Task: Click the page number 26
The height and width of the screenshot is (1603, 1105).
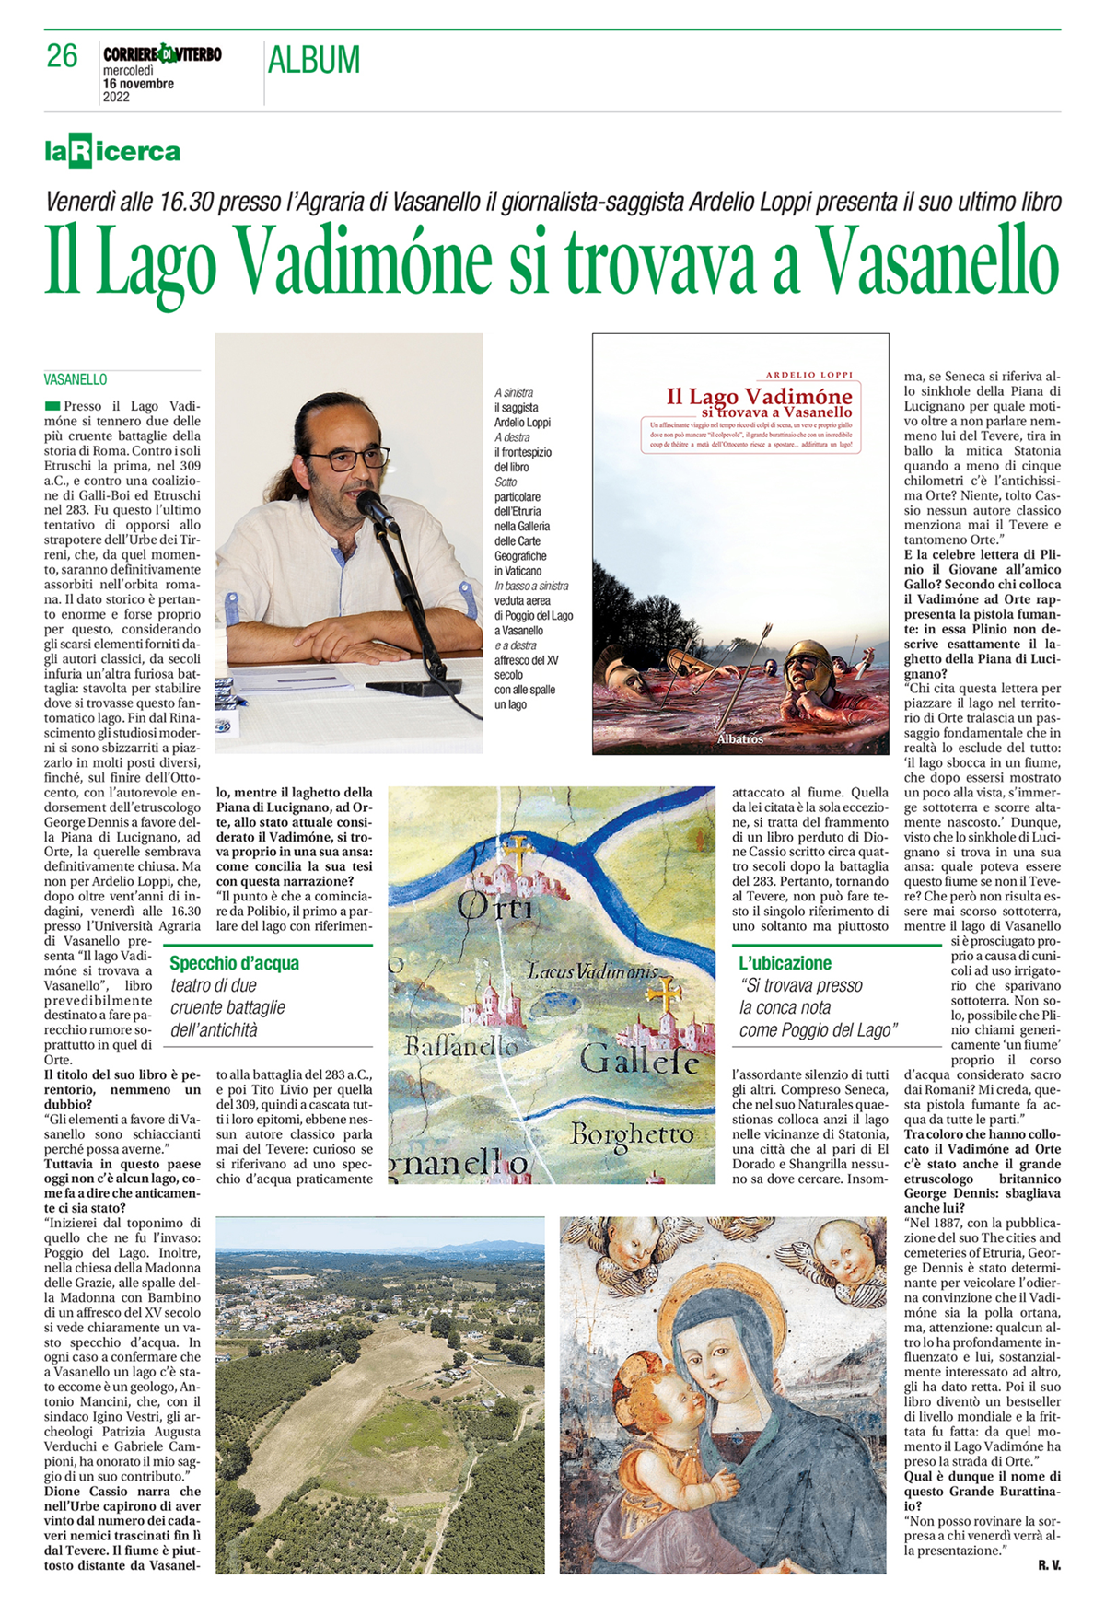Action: tap(62, 56)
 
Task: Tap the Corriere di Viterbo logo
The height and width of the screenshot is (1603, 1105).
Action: tap(162, 54)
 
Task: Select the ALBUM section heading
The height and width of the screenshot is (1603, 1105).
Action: tap(314, 60)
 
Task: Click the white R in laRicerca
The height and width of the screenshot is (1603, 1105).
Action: tap(81, 151)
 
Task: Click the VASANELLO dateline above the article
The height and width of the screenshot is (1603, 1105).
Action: tap(76, 379)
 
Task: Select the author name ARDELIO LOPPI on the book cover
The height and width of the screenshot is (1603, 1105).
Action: tap(809, 375)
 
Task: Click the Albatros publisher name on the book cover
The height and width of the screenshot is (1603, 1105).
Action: tap(740, 738)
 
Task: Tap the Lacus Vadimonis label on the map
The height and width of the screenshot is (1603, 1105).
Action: tap(593, 970)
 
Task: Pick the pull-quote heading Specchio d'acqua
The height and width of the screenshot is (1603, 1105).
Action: tap(235, 963)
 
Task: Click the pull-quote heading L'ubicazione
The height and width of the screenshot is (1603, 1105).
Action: tap(785, 963)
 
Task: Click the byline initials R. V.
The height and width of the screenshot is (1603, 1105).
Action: tap(1049, 1565)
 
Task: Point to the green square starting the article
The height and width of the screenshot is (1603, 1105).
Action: tap(52, 406)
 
